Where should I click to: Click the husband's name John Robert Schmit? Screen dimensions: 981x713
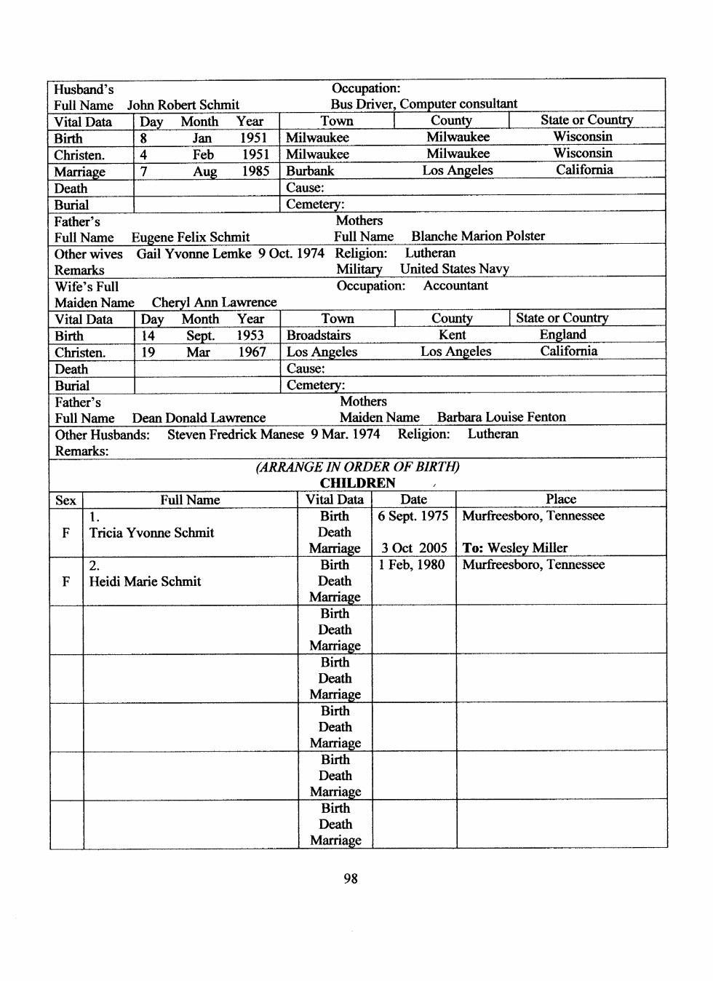(183, 105)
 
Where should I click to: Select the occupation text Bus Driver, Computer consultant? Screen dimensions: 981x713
(423, 104)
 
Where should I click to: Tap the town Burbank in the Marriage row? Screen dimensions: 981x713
(310, 171)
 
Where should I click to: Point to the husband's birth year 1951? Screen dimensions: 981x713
(253, 138)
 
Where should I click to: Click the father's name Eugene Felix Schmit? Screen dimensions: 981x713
(190, 237)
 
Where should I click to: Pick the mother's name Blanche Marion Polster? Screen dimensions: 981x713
(478, 237)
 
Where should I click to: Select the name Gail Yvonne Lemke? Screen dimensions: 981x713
(194, 253)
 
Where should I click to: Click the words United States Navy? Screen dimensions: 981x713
(454, 269)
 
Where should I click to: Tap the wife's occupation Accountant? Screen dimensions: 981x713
(455, 286)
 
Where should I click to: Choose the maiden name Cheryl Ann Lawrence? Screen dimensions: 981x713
(214, 302)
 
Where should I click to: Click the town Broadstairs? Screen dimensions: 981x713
(319, 335)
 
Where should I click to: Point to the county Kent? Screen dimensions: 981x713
(452, 335)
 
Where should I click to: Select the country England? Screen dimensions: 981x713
(562, 335)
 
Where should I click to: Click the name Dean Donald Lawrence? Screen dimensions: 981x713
(199, 418)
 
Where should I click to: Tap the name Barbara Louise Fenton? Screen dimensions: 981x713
(501, 417)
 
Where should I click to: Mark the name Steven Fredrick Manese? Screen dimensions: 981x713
(235, 434)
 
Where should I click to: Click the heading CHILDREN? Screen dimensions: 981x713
(357, 483)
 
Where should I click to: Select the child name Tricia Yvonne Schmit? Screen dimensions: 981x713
(151, 533)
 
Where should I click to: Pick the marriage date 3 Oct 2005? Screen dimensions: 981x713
(413, 548)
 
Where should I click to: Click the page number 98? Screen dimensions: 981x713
(351, 878)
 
